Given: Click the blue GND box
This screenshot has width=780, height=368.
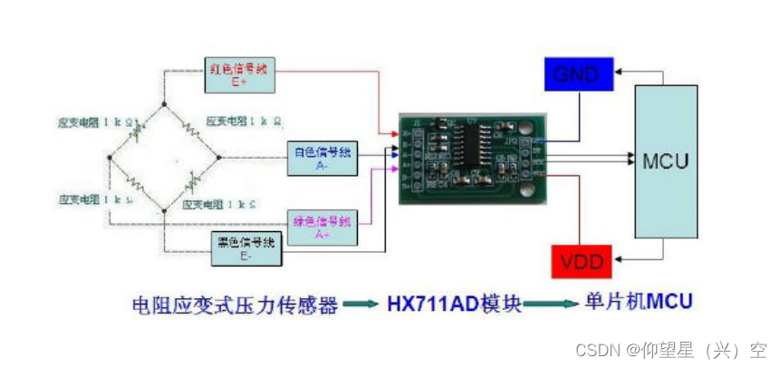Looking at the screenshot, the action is pyautogui.click(x=576, y=74).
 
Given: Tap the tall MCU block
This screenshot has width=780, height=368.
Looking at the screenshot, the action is pyautogui.click(x=666, y=162).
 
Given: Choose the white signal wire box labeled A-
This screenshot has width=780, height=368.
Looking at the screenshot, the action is pyautogui.click(x=323, y=158).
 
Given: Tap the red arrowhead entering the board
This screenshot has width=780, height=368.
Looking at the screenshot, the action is pyautogui.click(x=393, y=134).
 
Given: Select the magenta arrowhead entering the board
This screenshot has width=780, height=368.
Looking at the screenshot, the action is pyautogui.click(x=392, y=169).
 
